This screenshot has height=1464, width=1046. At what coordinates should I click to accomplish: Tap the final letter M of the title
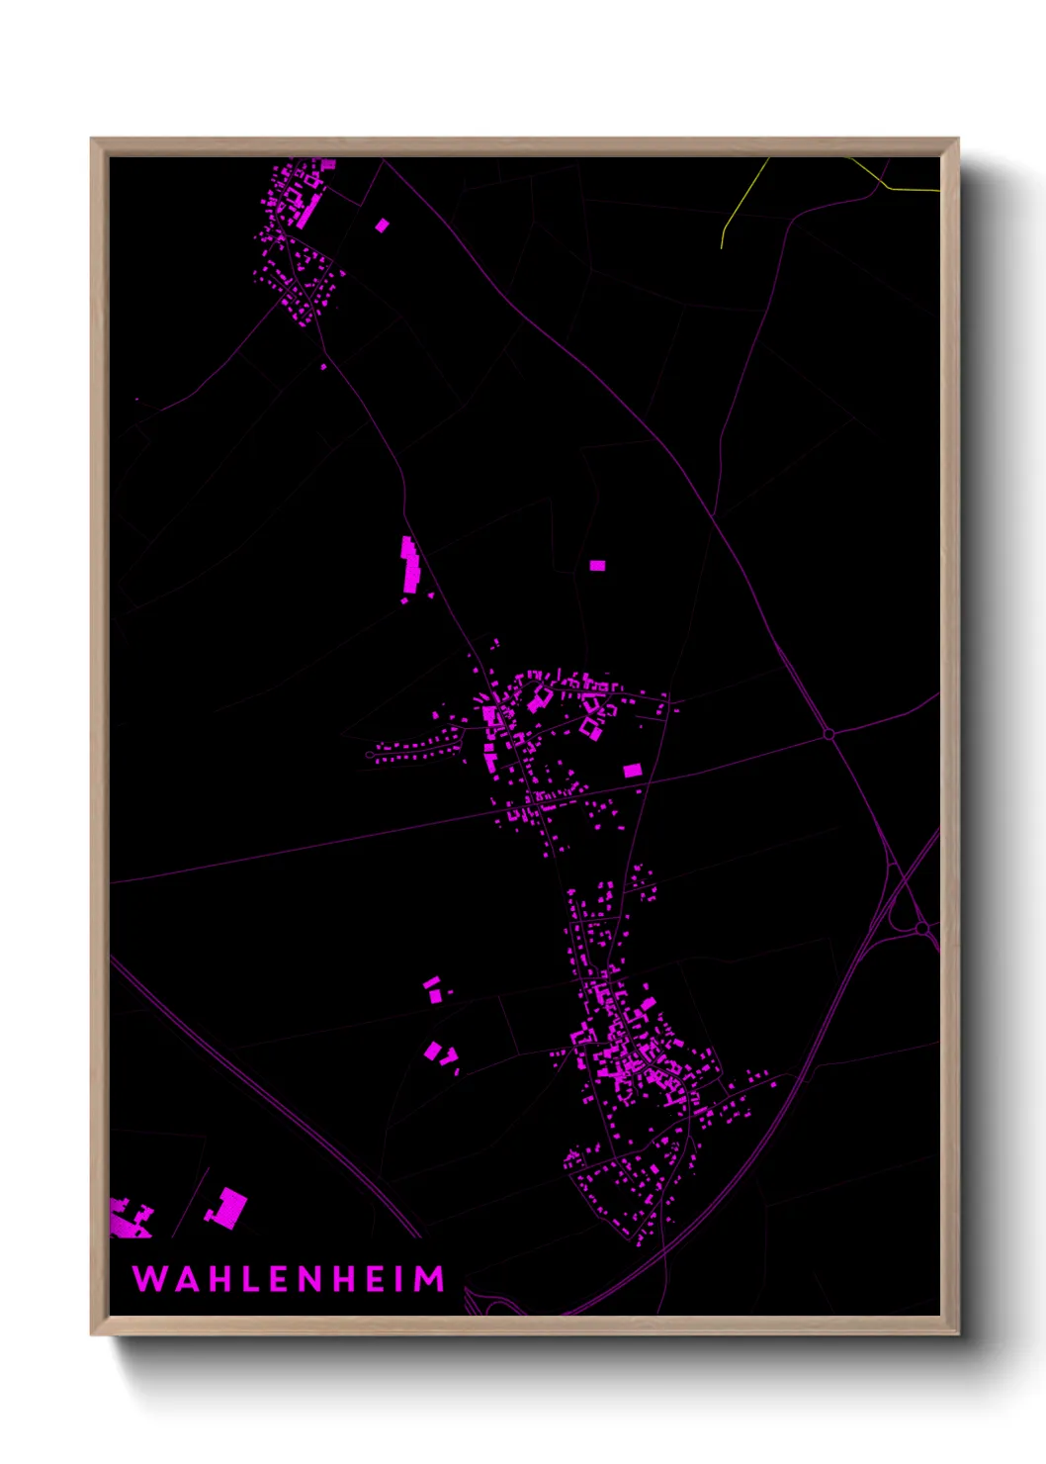(x=430, y=1279)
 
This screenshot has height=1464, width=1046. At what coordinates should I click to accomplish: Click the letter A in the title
(x=181, y=1279)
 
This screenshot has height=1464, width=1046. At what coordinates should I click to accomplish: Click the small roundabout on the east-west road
(x=828, y=734)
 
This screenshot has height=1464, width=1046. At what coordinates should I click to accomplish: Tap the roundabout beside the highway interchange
(x=921, y=929)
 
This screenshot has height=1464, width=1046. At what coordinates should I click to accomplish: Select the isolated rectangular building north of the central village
(x=597, y=566)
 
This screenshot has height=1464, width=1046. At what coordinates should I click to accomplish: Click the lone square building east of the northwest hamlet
(x=382, y=226)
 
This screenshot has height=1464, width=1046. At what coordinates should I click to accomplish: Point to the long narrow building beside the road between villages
(x=409, y=566)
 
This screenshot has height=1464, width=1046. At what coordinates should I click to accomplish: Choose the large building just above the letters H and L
(x=227, y=1209)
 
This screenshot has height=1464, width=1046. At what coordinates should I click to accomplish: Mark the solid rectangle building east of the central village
(x=632, y=770)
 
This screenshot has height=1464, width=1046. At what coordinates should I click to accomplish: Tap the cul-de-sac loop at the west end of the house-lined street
(x=370, y=755)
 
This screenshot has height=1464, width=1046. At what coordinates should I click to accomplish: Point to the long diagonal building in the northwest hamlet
(x=307, y=213)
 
